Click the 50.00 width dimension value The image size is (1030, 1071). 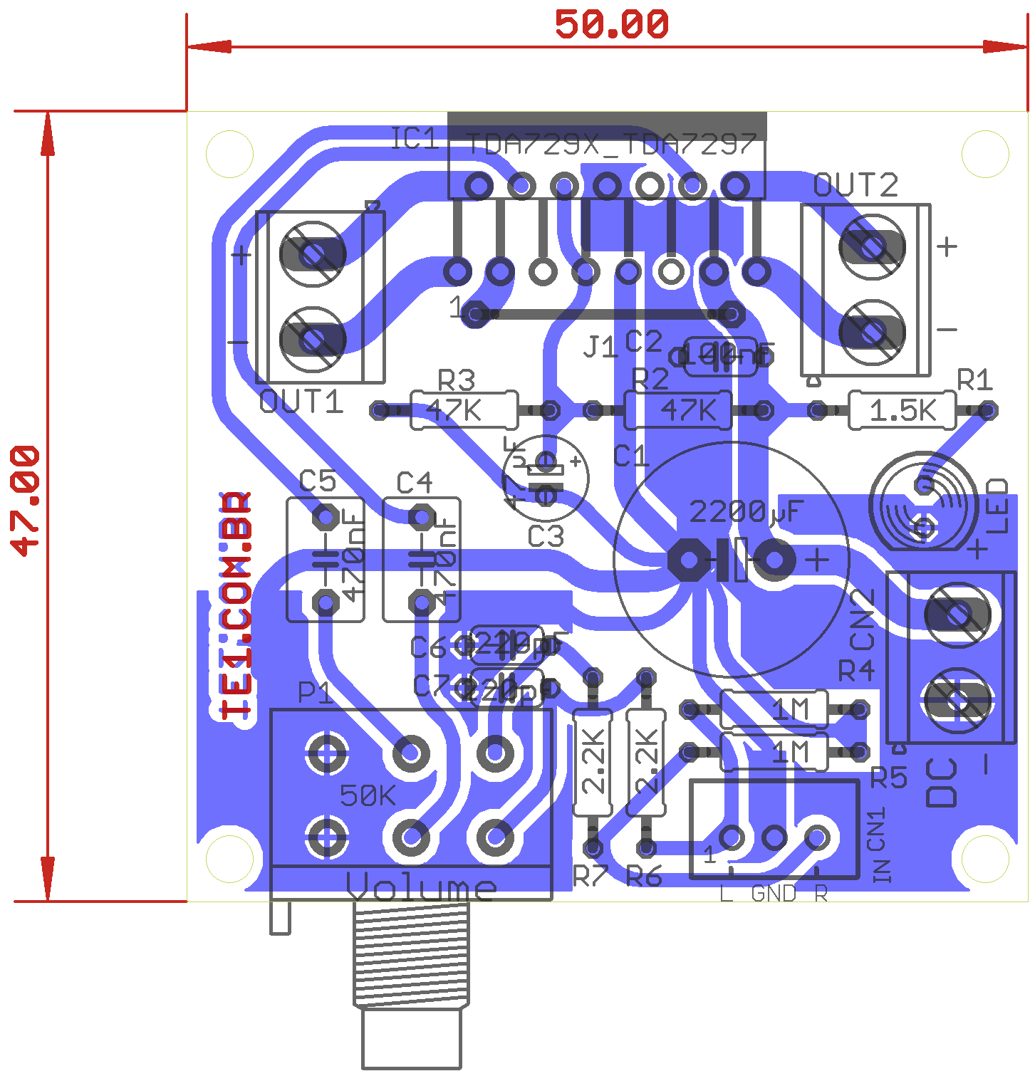[611, 25]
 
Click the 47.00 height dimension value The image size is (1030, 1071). [25, 501]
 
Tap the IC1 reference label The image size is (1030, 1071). [415, 139]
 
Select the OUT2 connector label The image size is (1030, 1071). [855, 186]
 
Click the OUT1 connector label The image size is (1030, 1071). [301, 403]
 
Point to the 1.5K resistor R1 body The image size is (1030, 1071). [902, 410]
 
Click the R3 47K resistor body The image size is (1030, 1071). [464, 410]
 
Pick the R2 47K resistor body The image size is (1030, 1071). [678, 410]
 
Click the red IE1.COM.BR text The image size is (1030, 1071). [236, 606]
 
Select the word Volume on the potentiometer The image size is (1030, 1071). [421, 887]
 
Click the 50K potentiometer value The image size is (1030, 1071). [368, 795]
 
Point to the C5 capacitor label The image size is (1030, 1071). [317, 481]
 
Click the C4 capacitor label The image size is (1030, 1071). [414, 483]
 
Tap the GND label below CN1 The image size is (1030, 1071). [774, 894]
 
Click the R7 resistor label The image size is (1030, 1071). [590, 877]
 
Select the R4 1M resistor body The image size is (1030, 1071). [774, 709]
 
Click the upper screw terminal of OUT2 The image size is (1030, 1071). [872, 247]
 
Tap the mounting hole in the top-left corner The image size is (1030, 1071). [229, 154]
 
